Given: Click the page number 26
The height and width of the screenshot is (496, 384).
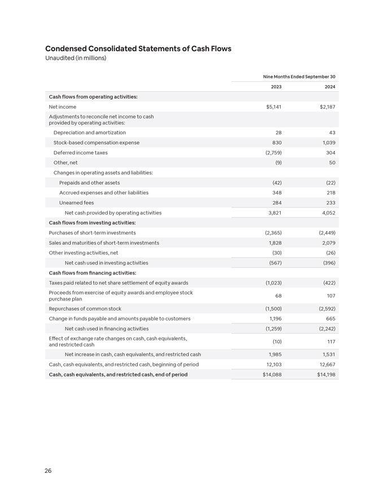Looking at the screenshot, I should (48, 471).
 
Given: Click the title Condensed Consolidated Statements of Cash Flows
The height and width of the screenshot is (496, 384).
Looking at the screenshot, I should (138, 48).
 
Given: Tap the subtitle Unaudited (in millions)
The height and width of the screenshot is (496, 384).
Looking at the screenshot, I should (76, 58).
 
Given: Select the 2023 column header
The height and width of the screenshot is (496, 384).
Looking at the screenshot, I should (276, 87).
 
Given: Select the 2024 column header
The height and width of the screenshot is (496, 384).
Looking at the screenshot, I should (331, 87).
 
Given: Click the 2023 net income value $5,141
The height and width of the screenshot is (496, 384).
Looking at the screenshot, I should (273, 107).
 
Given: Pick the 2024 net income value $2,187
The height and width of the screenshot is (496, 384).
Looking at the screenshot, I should (328, 107).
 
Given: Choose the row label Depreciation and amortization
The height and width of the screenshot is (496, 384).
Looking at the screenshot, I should (89, 132).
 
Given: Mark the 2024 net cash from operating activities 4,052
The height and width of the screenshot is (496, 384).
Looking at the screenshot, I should (329, 213).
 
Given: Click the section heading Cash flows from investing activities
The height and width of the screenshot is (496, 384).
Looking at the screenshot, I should (92, 223).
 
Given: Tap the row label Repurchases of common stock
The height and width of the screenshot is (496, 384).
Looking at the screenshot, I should (85, 309).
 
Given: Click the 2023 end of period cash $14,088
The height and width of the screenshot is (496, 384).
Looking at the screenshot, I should (272, 374).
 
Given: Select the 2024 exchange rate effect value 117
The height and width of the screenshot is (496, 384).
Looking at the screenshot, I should (331, 342).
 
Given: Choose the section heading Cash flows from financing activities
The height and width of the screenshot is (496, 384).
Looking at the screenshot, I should (92, 273).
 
